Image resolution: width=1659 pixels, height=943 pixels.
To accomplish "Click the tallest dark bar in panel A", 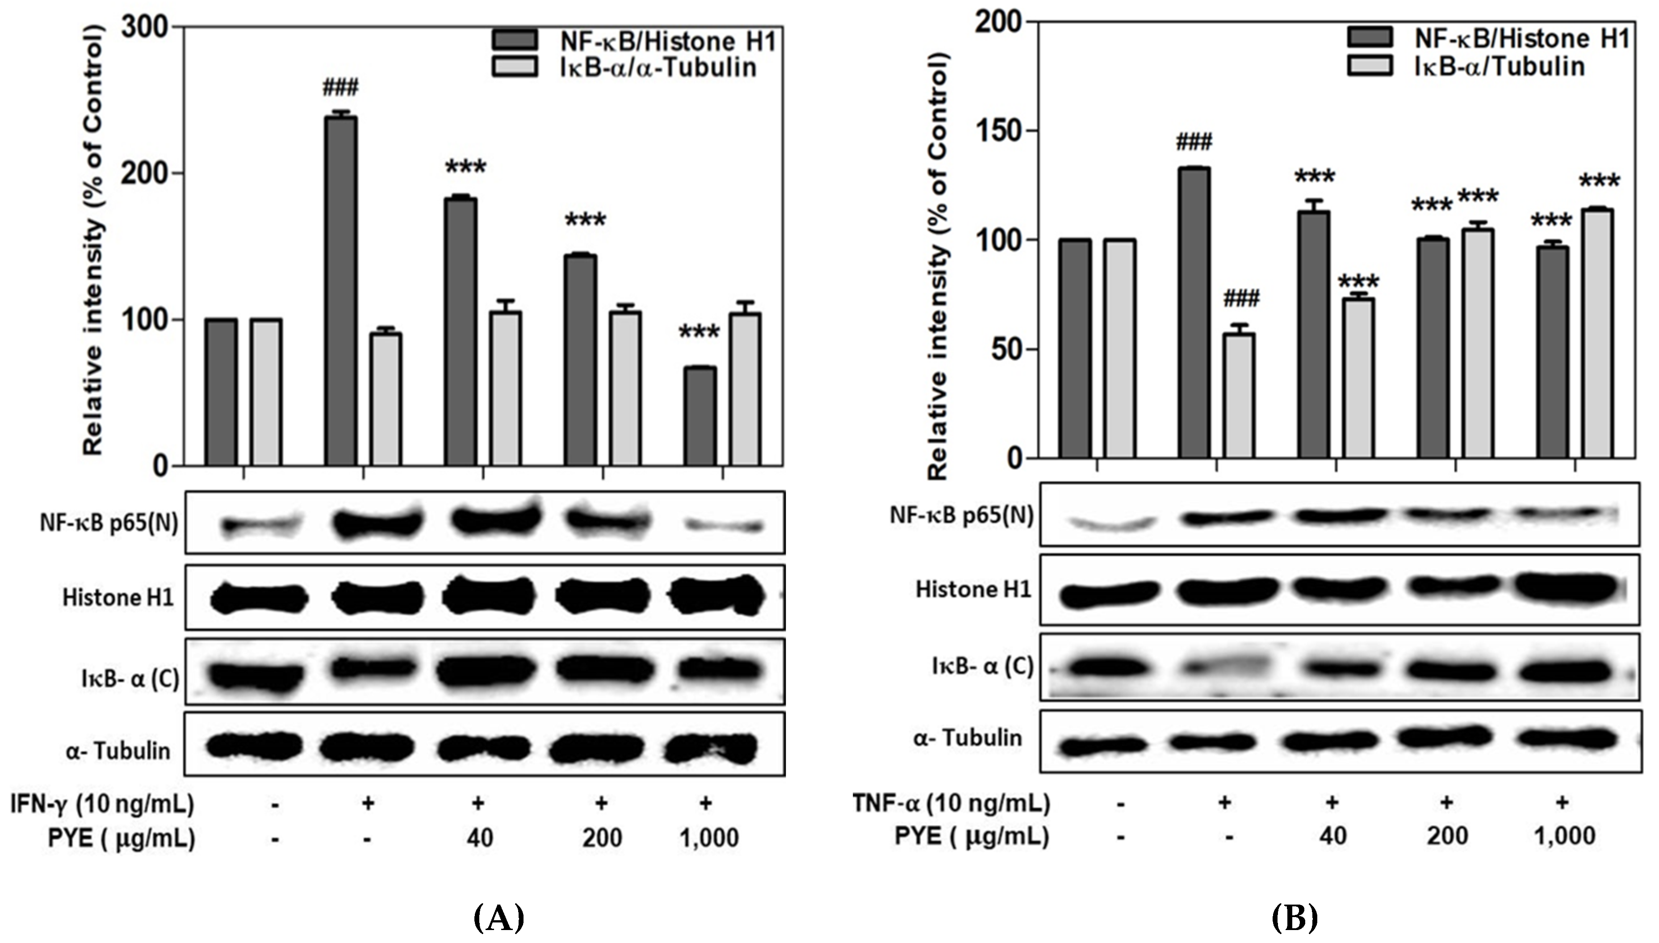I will [x=341, y=291].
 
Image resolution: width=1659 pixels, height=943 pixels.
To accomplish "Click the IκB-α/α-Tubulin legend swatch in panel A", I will [x=514, y=67].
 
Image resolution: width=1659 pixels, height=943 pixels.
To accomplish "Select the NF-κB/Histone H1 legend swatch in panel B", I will [x=1370, y=37].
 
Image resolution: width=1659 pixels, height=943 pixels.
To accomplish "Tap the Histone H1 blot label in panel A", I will [x=118, y=597].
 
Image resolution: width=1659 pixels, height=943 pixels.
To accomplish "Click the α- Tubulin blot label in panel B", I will [x=968, y=738].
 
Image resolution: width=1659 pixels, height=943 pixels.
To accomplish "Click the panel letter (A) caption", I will [x=498, y=918].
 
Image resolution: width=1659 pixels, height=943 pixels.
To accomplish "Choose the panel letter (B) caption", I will [x=1295, y=918].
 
